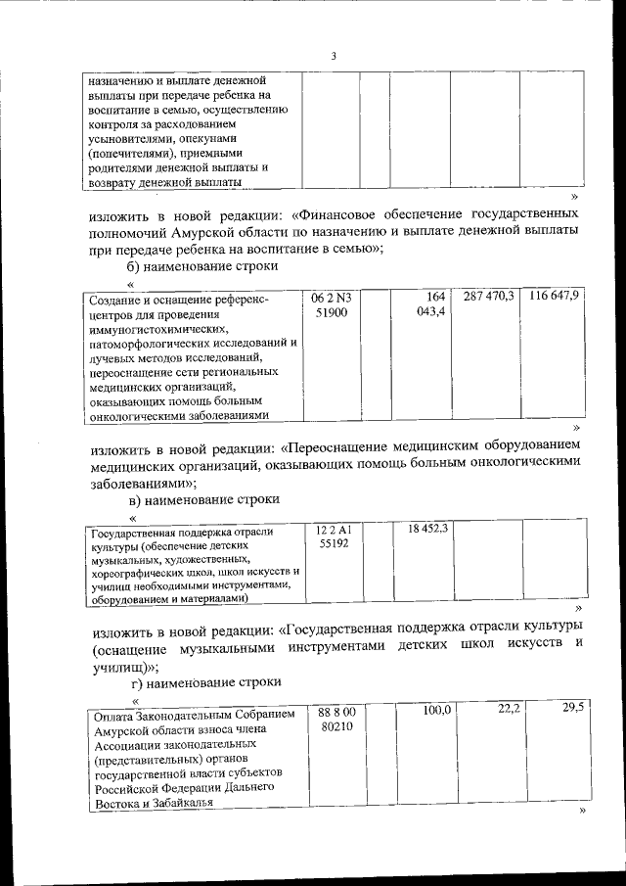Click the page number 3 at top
[333, 56]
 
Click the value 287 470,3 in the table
[489, 296]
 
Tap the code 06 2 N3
[332, 297]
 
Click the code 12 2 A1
[334, 529]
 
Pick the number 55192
[334, 542]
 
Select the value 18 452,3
[427, 529]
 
